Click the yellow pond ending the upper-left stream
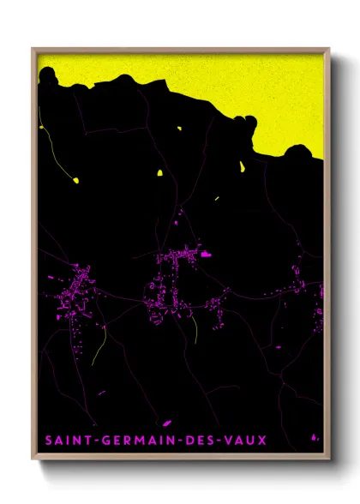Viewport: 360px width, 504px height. (x=75, y=180)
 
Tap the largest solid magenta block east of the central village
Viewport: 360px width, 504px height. (x=206, y=254)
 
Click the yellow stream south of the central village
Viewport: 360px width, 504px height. (x=195, y=330)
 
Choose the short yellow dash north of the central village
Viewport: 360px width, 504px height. (x=216, y=199)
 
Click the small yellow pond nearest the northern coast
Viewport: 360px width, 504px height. (x=180, y=129)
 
